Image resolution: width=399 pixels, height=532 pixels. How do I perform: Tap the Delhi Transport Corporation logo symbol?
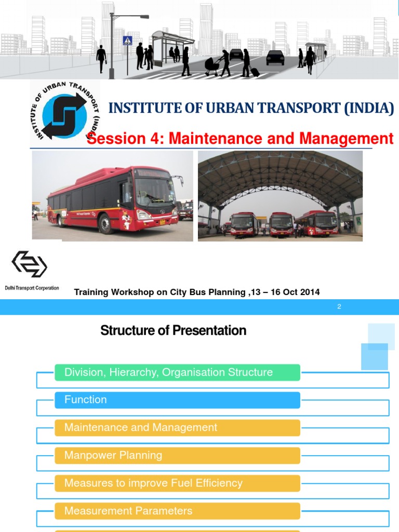click(x=30, y=264)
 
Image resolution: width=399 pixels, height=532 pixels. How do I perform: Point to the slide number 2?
click(x=339, y=307)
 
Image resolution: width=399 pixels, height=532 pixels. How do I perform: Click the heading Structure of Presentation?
click(x=173, y=330)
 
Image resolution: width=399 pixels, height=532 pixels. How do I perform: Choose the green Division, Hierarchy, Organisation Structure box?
click(x=177, y=373)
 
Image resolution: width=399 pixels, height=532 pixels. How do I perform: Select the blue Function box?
click(x=177, y=400)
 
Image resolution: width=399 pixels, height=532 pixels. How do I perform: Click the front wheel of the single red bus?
click(x=105, y=224)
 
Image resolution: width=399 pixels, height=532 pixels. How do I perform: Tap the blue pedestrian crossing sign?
click(x=127, y=41)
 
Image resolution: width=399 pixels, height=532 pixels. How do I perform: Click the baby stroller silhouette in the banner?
click(x=212, y=65)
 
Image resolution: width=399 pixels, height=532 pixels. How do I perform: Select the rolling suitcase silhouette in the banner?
click(x=254, y=71)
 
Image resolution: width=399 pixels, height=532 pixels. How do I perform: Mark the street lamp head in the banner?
click(x=140, y=17)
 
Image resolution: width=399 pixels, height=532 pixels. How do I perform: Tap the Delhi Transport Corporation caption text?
click(x=32, y=288)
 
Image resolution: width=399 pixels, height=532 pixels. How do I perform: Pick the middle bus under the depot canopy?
click(x=281, y=224)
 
